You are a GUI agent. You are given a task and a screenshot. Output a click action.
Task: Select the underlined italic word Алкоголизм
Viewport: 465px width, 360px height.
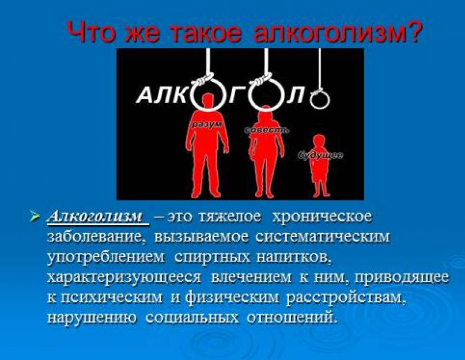(96, 217)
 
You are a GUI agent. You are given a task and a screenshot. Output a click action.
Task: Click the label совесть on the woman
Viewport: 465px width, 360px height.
(267, 130)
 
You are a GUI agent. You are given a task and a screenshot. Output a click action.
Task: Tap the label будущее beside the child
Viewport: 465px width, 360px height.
(320, 155)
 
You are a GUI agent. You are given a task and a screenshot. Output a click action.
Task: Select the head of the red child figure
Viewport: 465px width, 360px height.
(319, 141)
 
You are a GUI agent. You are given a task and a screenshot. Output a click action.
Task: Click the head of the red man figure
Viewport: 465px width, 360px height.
(209, 101)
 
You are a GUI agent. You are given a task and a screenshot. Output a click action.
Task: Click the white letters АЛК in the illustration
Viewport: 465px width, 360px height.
(163, 95)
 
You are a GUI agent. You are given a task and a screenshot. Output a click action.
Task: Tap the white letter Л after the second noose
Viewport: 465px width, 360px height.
(296, 95)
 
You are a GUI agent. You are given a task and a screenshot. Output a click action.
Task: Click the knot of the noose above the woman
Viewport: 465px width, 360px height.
(262, 79)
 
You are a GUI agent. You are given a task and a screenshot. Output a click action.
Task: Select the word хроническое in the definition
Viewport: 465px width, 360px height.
(322, 217)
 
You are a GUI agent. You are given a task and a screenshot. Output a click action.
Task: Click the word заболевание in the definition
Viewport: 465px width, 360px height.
(96, 237)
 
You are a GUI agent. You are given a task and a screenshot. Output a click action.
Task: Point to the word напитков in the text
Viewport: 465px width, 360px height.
(293, 257)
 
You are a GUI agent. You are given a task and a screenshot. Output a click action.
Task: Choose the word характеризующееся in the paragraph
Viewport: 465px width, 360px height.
(124, 278)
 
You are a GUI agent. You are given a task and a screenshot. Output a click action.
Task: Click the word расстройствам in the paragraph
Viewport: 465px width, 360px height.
(346, 297)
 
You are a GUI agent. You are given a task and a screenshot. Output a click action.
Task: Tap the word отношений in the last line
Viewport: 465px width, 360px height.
(292, 317)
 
